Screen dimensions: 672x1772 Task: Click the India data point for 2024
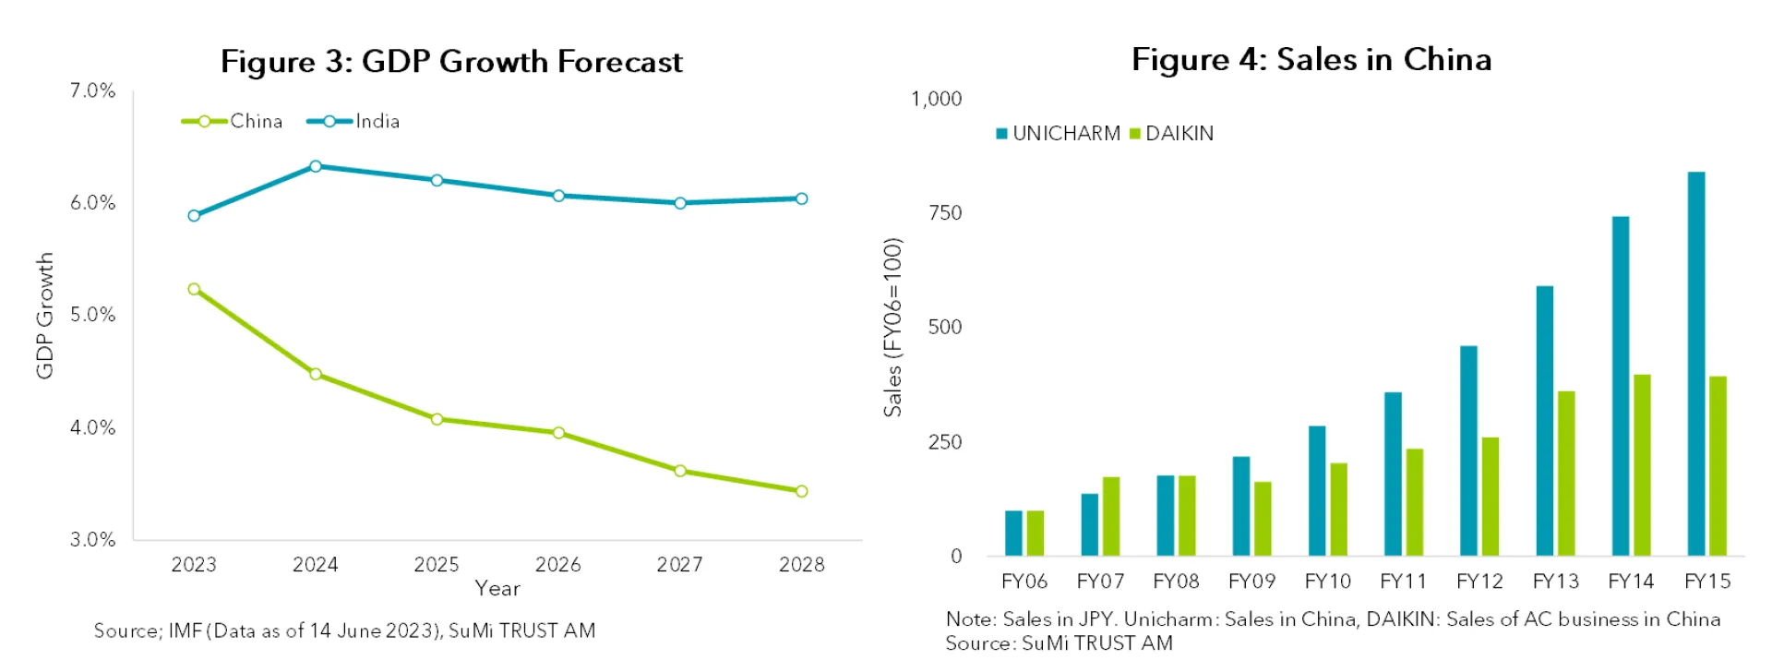pyautogui.click(x=316, y=166)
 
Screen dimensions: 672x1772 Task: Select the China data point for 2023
pyautogui.click(x=194, y=289)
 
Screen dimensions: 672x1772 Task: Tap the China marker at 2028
pyautogui.click(x=801, y=491)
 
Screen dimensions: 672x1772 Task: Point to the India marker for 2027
pyautogui.click(x=680, y=203)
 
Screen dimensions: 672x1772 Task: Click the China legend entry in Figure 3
pyautogui.click(x=233, y=121)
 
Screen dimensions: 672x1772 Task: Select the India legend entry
pyautogui.click(x=355, y=121)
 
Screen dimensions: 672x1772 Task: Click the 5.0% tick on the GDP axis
pyautogui.click(x=92, y=315)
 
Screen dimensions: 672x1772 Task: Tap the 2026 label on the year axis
pyautogui.click(x=558, y=564)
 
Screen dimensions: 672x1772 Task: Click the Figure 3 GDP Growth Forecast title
pyautogui.click(x=451, y=62)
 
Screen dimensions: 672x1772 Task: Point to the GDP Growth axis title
pyautogui.click(x=44, y=316)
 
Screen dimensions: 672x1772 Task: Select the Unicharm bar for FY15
pyautogui.click(x=1696, y=364)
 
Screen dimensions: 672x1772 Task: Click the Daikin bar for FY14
pyautogui.click(x=1642, y=465)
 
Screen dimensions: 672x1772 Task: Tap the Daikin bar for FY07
pyautogui.click(x=1110, y=516)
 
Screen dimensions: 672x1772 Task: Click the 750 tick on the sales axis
pyautogui.click(x=945, y=213)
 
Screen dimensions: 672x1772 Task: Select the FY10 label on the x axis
pyautogui.click(x=1327, y=582)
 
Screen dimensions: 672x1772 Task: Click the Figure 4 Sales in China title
pyautogui.click(x=1311, y=60)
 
